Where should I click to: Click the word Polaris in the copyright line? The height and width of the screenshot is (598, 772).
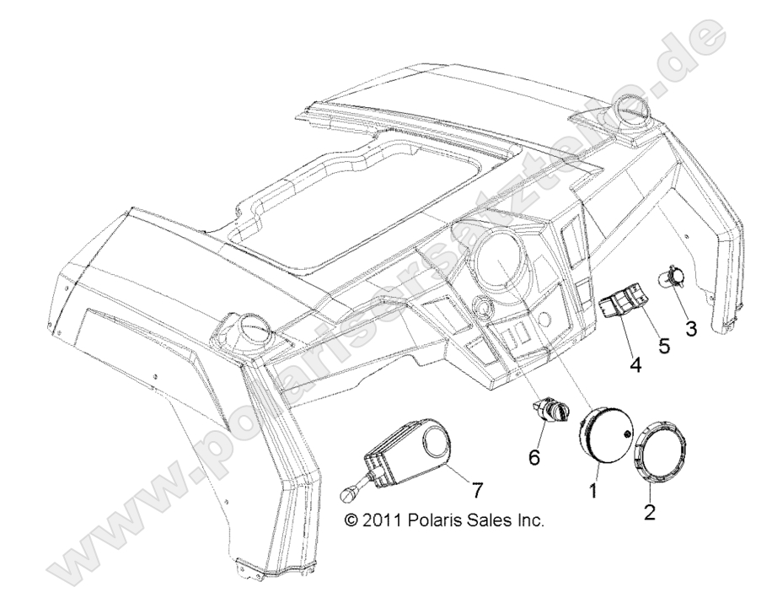tap(439, 520)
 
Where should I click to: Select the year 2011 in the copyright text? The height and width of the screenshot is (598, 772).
tap(383, 520)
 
